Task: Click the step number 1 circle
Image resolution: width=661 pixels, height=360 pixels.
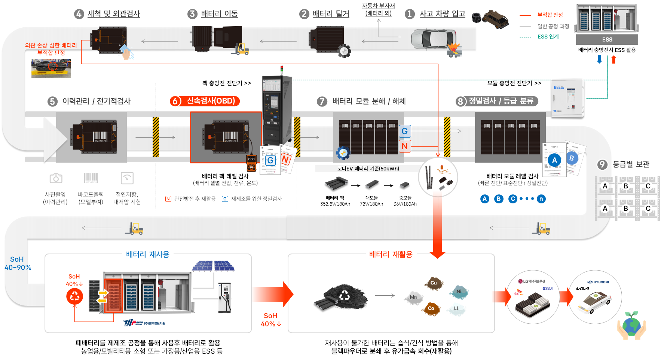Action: click(410, 14)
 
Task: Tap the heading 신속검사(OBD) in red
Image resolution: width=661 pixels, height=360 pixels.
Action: click(210, 101)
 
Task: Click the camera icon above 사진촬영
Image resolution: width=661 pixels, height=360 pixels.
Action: click(56, 178)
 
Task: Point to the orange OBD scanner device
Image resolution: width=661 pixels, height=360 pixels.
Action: click(251, 163)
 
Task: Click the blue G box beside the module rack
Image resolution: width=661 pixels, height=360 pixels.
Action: click(404, 131)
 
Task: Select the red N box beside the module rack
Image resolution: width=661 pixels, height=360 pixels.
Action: click(404, 146)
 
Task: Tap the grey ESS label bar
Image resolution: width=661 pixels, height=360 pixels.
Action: click(607, 40)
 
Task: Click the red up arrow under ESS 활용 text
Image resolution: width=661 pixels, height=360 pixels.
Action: click(613, 59)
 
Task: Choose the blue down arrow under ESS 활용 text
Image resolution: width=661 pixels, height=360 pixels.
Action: click(599, 59)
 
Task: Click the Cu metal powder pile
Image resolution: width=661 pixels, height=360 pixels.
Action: click(434, 283)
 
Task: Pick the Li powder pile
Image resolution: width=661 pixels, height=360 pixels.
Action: click(456, 309)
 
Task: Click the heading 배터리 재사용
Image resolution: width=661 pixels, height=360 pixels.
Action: click(147, 255)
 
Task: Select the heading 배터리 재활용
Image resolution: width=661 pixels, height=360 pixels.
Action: click(391, 255)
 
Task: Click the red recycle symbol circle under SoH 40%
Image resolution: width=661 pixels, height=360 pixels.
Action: click(75, 297)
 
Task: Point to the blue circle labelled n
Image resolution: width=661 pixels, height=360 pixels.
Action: click(541, 199)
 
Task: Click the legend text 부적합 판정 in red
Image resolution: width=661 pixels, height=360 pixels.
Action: click(550, 15)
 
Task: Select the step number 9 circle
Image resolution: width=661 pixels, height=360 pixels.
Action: click(602, 164)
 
